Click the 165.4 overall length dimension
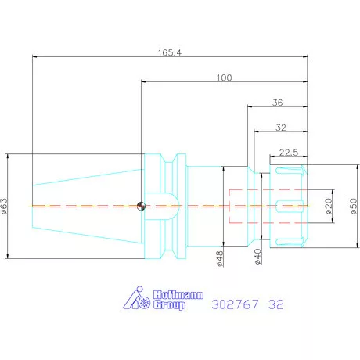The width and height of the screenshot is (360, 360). [170, 52]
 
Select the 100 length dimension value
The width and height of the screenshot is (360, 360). [224, 77]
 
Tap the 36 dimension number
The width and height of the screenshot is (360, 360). [278, 103]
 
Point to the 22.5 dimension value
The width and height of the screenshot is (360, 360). [289, 152]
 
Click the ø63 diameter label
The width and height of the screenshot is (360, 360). [5, 206]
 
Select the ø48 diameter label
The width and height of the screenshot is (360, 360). [220, 258]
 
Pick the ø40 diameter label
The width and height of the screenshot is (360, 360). [257, 257]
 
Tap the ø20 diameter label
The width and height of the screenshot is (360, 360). [329, 206]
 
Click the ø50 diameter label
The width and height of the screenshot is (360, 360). [354, 206]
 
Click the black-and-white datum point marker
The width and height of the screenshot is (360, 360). [141, 206]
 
